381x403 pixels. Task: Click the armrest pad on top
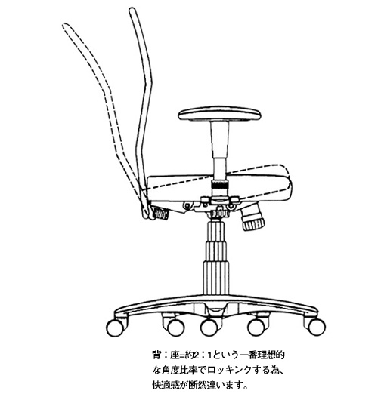click(x=219, y=114)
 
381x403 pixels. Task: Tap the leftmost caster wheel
click(x=115, y=328)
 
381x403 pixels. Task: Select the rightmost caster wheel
click(x=317, y=327)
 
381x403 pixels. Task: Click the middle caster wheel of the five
click(x=209, y=328)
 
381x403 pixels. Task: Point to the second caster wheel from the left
click(x=175, y=328)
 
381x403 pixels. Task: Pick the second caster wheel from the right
click(x=256, y=328)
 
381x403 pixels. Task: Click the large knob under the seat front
click(x=252, y=217)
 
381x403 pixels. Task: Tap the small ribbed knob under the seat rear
click(x=161, y=213)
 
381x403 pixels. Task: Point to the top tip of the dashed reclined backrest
click(x=65, y=25)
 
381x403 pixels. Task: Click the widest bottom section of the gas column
click(x=216, y=278)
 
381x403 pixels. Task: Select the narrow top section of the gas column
click(x=215, y=231)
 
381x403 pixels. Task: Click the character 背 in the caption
click(x=156, y=355)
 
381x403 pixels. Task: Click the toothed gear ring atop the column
click(x=218, y=214)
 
